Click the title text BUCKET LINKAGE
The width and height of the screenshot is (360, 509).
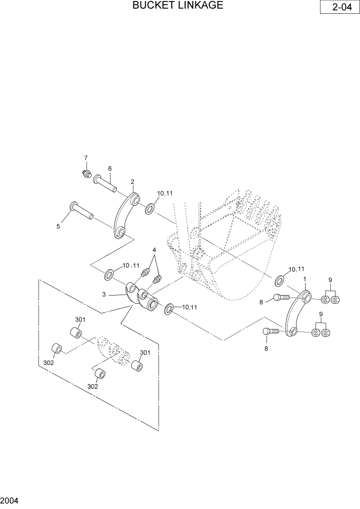[177, 6]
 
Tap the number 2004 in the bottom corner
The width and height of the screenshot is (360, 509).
[10, 500]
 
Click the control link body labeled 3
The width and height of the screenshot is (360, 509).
[141, 299]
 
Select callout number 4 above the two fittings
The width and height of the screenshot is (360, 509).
[153, 250]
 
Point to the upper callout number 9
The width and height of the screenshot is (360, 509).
[331, 280]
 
